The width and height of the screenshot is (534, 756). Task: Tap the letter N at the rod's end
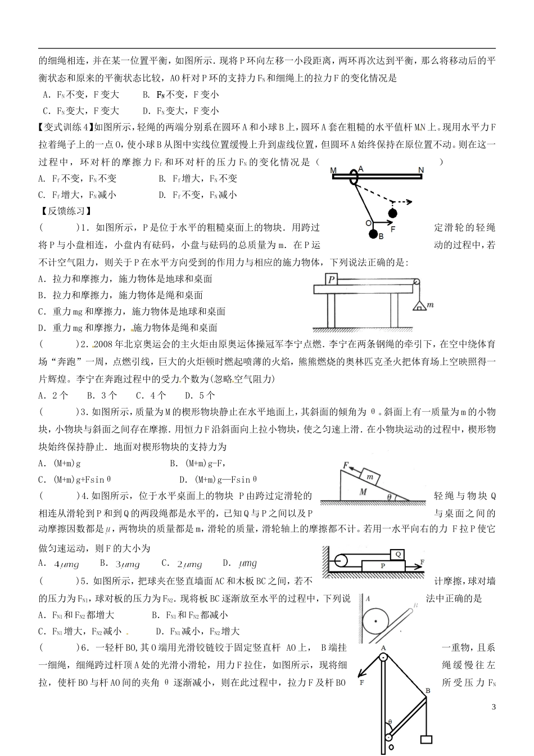420,169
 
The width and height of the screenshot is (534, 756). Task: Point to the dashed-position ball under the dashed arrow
392,213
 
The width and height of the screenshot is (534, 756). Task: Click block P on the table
332,279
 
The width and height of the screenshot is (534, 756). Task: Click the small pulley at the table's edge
416,282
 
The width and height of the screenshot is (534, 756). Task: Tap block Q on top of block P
396,553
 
